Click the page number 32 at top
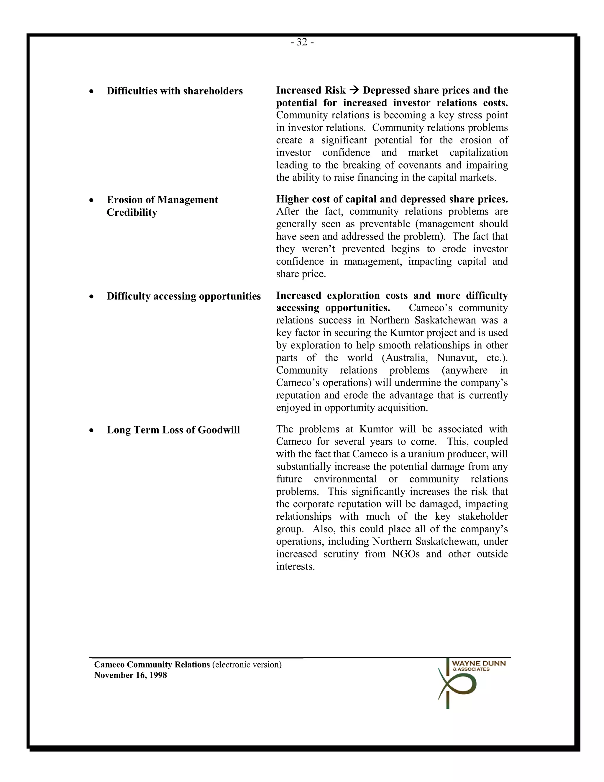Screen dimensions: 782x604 pos(302,42)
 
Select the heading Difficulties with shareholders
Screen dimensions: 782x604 pos(175,91)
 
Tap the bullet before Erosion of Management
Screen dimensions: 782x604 pos(92,200)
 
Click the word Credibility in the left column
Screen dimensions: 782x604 pos(132,212)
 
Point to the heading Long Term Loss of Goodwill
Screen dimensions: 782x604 pos(173,430)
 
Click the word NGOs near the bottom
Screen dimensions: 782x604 pos(406,554)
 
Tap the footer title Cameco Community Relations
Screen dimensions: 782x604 pos(152,665)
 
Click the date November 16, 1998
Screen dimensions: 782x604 pos(130,675)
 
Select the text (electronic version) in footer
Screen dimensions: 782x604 pos(247,665)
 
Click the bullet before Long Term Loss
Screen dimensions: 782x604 pos(92,430)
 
